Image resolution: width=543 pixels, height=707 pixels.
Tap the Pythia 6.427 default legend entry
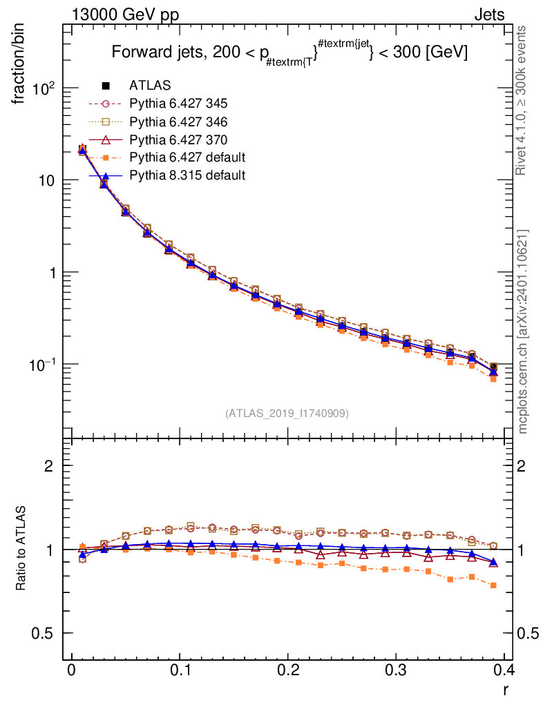tap(187, 157)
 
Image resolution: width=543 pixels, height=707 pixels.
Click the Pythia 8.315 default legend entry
tap(187, 175)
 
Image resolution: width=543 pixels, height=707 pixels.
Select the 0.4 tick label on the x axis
tap(504, 669)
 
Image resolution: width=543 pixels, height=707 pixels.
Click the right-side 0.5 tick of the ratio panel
tap(527, 634)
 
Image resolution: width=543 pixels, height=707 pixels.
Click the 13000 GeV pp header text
tap(124, 14)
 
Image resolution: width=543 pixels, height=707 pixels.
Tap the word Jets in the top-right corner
tap(489, 14)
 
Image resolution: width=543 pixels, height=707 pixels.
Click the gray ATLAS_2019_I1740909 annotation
tap(287, 414)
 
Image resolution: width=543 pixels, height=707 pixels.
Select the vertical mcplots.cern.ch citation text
tap(524, 331)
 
